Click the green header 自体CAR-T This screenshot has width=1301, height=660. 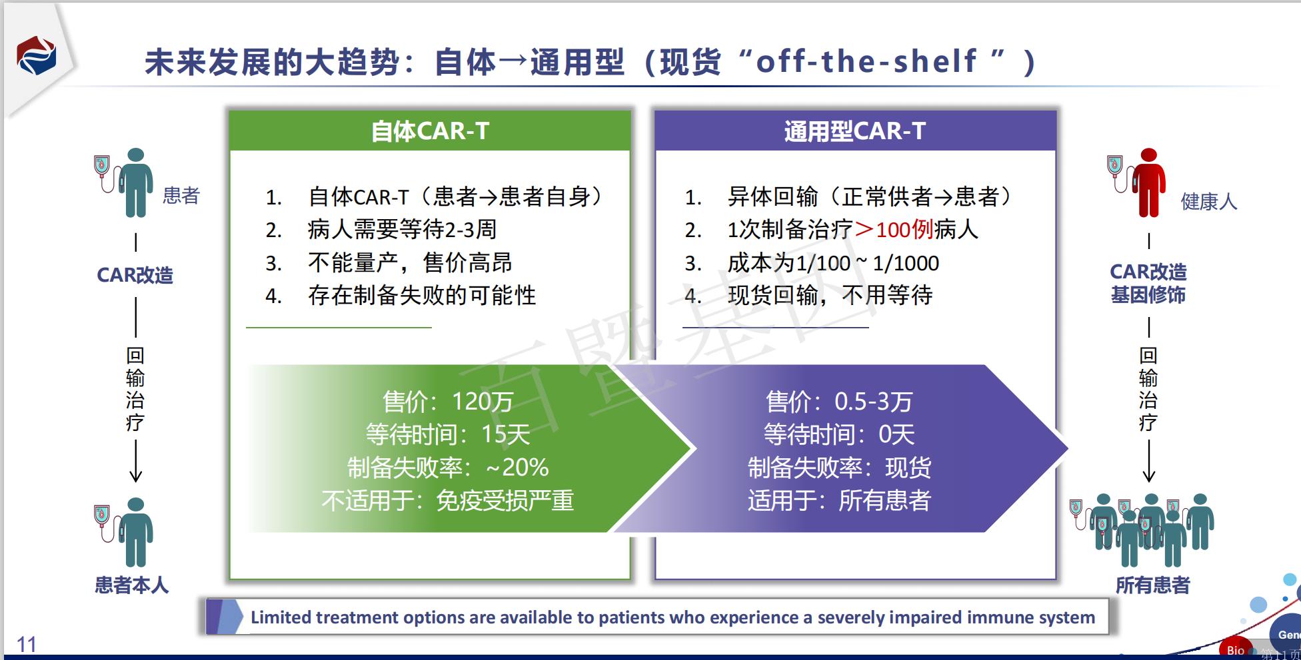coord(430,131)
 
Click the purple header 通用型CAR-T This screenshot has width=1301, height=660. coord(855,131)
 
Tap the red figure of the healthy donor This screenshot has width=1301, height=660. coord(1148,183)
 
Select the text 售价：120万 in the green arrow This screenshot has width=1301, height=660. coord(448,402)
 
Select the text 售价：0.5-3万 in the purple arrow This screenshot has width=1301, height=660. coord(838,402)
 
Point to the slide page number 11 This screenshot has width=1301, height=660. coord(26,644)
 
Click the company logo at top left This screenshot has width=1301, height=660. coord(36,55)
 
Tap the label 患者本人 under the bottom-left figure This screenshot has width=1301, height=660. coord(131,585)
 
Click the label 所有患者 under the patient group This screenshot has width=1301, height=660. coord(1152,585)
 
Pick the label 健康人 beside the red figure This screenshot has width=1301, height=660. coord(1208,201)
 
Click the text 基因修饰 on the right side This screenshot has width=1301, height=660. coord(1148,294)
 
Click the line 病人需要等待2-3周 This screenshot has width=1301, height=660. coord(402,230)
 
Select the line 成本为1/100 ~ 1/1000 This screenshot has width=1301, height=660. coord(833,263)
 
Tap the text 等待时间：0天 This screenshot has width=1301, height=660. coord(838,435)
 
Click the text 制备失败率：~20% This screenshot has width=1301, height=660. coord(448,468)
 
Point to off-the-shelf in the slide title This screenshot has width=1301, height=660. coord(866,61)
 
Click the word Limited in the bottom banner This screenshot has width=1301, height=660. coord(280,617)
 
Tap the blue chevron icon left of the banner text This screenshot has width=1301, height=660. coord(225,617)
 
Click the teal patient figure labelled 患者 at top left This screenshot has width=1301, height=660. coord(135,183)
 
